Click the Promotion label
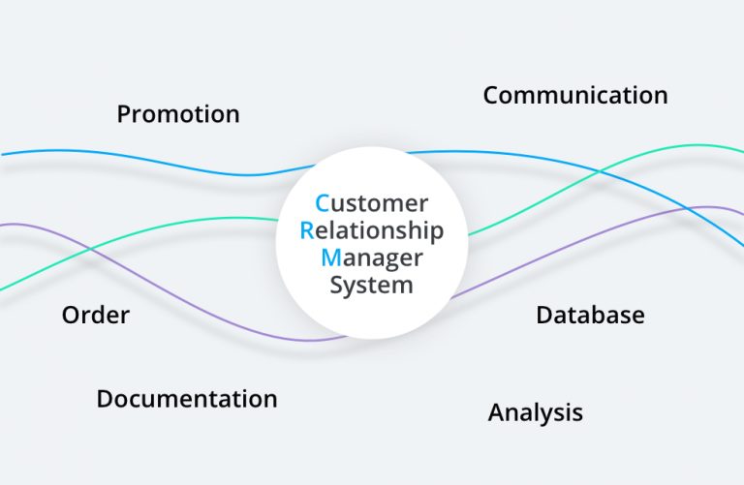click(178, 114)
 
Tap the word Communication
click(575, 95)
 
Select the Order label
click(95, 316)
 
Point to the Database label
click(590, 315)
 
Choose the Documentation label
click(187, 399)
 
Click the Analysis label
click(536, 412)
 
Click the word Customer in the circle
click(372, 203)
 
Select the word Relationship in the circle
click(372, 230)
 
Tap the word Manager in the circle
click(372, 258)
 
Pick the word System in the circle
click(372, 285)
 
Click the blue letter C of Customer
click(323, 203)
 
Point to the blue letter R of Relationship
click(307, 230)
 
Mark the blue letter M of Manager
click(330, 258)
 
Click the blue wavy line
click(145, 158)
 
